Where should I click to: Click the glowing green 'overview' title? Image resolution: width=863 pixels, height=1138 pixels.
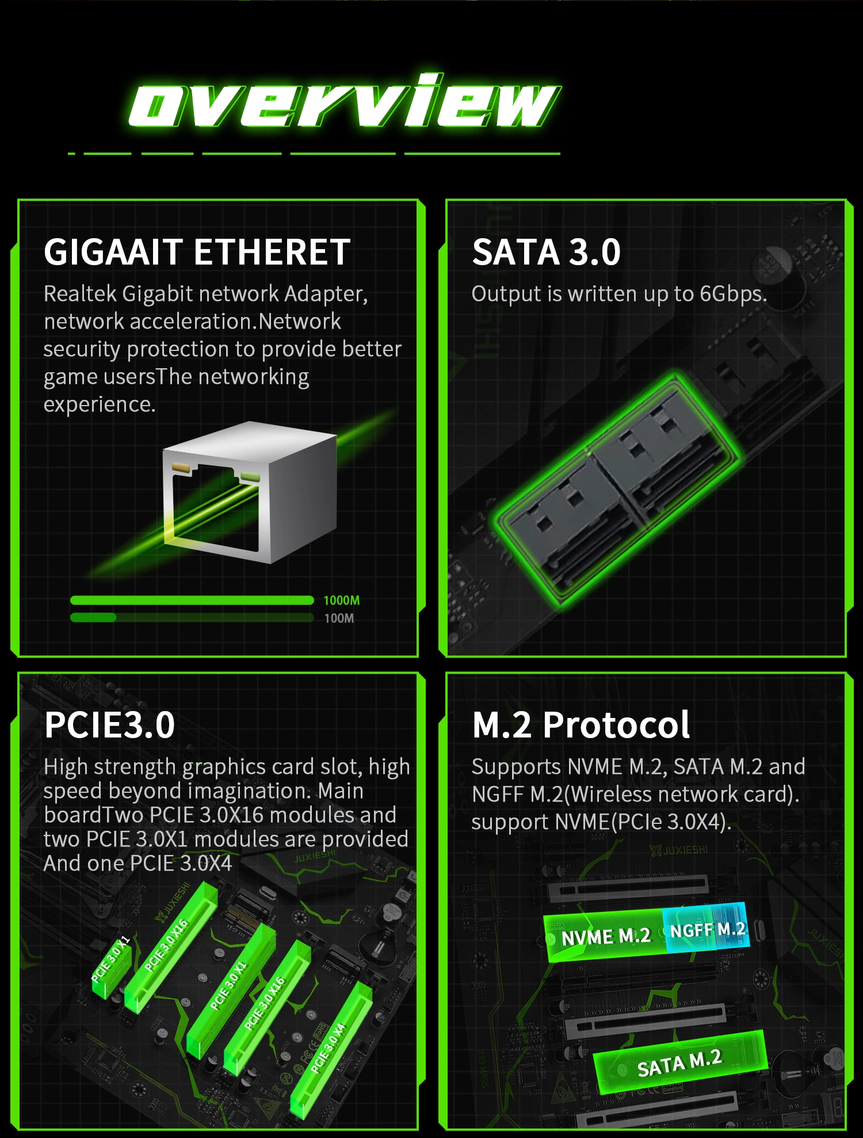tap(344, 101)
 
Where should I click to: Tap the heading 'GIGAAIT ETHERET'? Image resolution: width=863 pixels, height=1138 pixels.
tap(197, 252)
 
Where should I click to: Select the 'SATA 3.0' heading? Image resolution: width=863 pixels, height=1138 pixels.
tap(546, 252)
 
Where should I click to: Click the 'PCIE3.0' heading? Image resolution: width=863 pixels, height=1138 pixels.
tap(109, 724)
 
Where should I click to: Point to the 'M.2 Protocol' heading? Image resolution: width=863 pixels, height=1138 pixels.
tap(581, 724)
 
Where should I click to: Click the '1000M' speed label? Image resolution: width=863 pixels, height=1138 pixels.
tap(342, 601)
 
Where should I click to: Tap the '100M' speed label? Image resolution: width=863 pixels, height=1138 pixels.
tap(339, 618)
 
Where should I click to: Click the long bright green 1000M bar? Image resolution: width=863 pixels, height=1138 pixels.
tap(192, 601)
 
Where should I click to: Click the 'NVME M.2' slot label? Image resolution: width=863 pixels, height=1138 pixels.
tap(606, 937)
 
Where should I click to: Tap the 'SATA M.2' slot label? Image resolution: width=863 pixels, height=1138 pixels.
tap(679, 1063)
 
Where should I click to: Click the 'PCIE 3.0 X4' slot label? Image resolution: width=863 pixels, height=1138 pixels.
tap(328, 1048)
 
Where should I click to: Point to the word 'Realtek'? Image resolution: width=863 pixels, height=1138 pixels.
tap(80, 293)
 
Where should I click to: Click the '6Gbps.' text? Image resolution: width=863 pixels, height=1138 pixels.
tap(734, 294)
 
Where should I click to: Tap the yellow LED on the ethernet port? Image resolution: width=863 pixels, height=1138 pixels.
tap(181, 467)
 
